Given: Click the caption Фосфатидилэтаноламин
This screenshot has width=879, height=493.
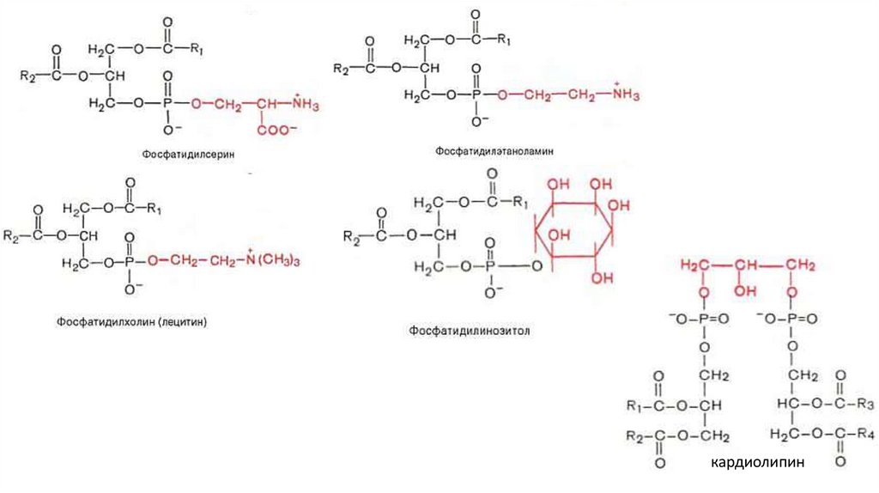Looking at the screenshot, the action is point(493,150).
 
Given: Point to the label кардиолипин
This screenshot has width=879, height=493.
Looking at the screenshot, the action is point(758,464).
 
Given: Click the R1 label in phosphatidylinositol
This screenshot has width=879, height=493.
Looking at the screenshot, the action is point(519,203).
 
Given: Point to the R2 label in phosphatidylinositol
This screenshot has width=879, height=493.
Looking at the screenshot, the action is point(351,235).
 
